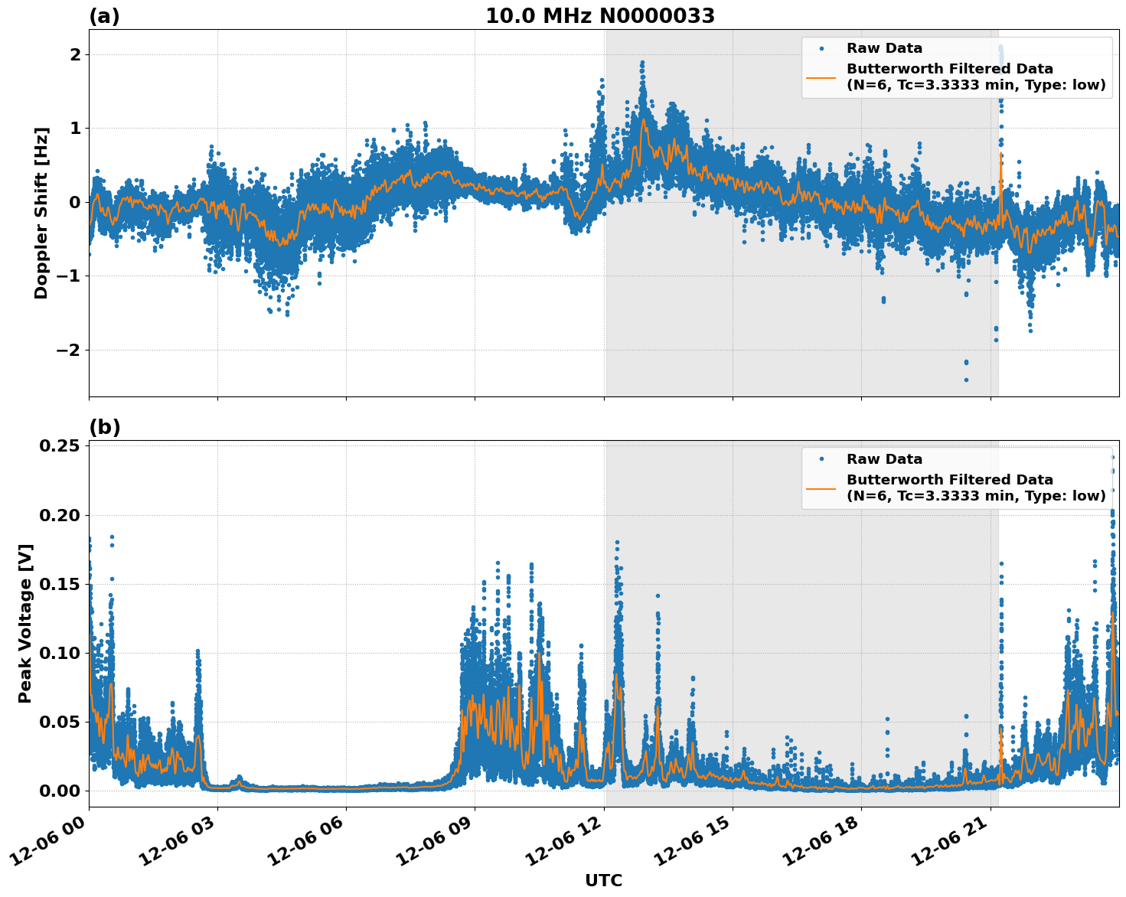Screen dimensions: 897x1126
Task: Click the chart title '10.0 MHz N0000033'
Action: tap(599, 16)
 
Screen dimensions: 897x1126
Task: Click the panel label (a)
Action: tap(104, 16)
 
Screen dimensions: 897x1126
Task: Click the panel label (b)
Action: tap(104, 427)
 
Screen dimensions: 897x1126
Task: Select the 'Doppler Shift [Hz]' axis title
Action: tap(41, 213)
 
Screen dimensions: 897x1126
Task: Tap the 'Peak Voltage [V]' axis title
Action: tap(25, 623)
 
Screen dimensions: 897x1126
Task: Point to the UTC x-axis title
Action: tap(603, 880)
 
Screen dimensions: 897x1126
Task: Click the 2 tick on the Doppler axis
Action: tap(75, 54)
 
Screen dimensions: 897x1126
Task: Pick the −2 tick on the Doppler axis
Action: tap(66, 350)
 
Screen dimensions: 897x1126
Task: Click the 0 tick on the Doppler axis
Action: tap(75, 202)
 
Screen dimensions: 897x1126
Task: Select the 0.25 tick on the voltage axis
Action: tap(59, 445)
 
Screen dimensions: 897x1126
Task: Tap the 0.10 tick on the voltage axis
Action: tap(59, 653)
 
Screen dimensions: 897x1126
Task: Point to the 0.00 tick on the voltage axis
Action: tap(59, 791)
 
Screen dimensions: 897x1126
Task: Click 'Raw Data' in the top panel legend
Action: tap(884, 48)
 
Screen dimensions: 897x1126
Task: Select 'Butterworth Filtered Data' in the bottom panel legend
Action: tap(949, 480)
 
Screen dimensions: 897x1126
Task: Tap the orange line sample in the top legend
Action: tap(821, 77)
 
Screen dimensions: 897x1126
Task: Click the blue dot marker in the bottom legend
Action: tap(821, 459)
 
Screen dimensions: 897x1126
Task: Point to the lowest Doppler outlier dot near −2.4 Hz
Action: tap(966, 380)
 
